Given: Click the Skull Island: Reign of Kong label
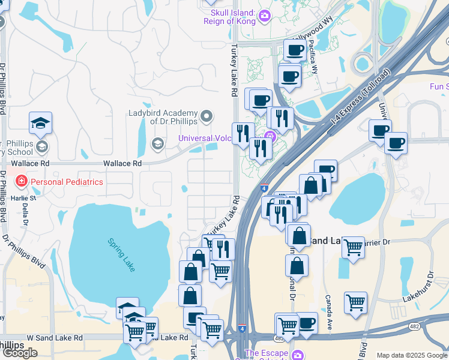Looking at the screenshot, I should point(229,17).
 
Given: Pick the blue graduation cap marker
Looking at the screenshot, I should point(41,123).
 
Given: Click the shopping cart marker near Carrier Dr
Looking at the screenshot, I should point(353,246).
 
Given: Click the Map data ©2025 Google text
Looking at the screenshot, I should point(411,355).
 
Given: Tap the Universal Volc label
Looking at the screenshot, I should point(205,139).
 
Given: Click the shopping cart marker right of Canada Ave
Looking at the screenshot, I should point(355,302).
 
